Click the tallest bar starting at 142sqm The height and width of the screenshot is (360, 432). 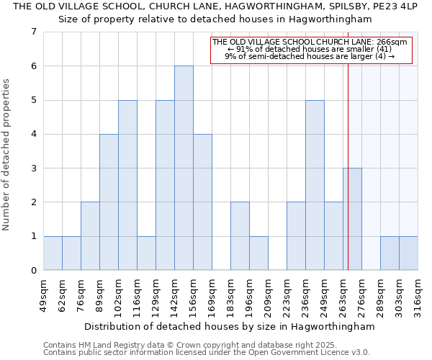tap(184, 168)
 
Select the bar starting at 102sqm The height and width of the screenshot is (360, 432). tap(127, 185)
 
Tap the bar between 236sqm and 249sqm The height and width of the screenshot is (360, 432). tap(315, 185)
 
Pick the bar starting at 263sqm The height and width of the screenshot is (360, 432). tap(352, 219)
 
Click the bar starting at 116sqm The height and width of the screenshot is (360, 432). tap(146, 253)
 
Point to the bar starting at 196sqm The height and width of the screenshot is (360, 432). tap(258, 253)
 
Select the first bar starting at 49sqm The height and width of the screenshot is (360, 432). tap(53, 253)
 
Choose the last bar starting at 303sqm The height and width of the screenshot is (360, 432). tap(408, 253)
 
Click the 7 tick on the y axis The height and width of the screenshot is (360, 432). tap(33, 32)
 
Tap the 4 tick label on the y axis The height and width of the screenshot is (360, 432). tap(33, 134)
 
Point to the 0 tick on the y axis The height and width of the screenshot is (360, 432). tap(33, 271)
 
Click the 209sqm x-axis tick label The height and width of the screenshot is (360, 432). tap(268, 295)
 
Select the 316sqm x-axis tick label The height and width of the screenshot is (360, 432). tap(418, 295)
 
